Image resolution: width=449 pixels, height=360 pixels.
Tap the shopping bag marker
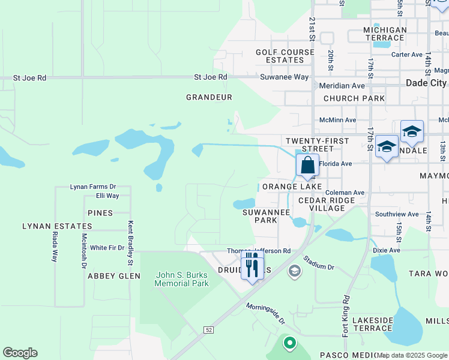[307, 165]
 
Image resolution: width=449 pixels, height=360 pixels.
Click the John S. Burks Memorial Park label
[181, 279]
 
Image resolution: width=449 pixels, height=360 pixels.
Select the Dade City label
[427, 83]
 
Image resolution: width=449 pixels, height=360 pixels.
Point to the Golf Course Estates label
[285, 56]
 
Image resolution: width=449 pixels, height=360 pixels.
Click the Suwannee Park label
[267, 216]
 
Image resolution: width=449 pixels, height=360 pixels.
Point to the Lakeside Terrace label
[372, 324]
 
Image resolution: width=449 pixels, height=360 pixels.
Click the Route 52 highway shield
[208, 329]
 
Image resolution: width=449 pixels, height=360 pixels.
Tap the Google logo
[20, 353]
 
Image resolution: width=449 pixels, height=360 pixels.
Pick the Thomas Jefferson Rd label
[259, 251]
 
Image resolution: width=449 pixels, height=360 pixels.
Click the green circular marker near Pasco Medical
[289, 343]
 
